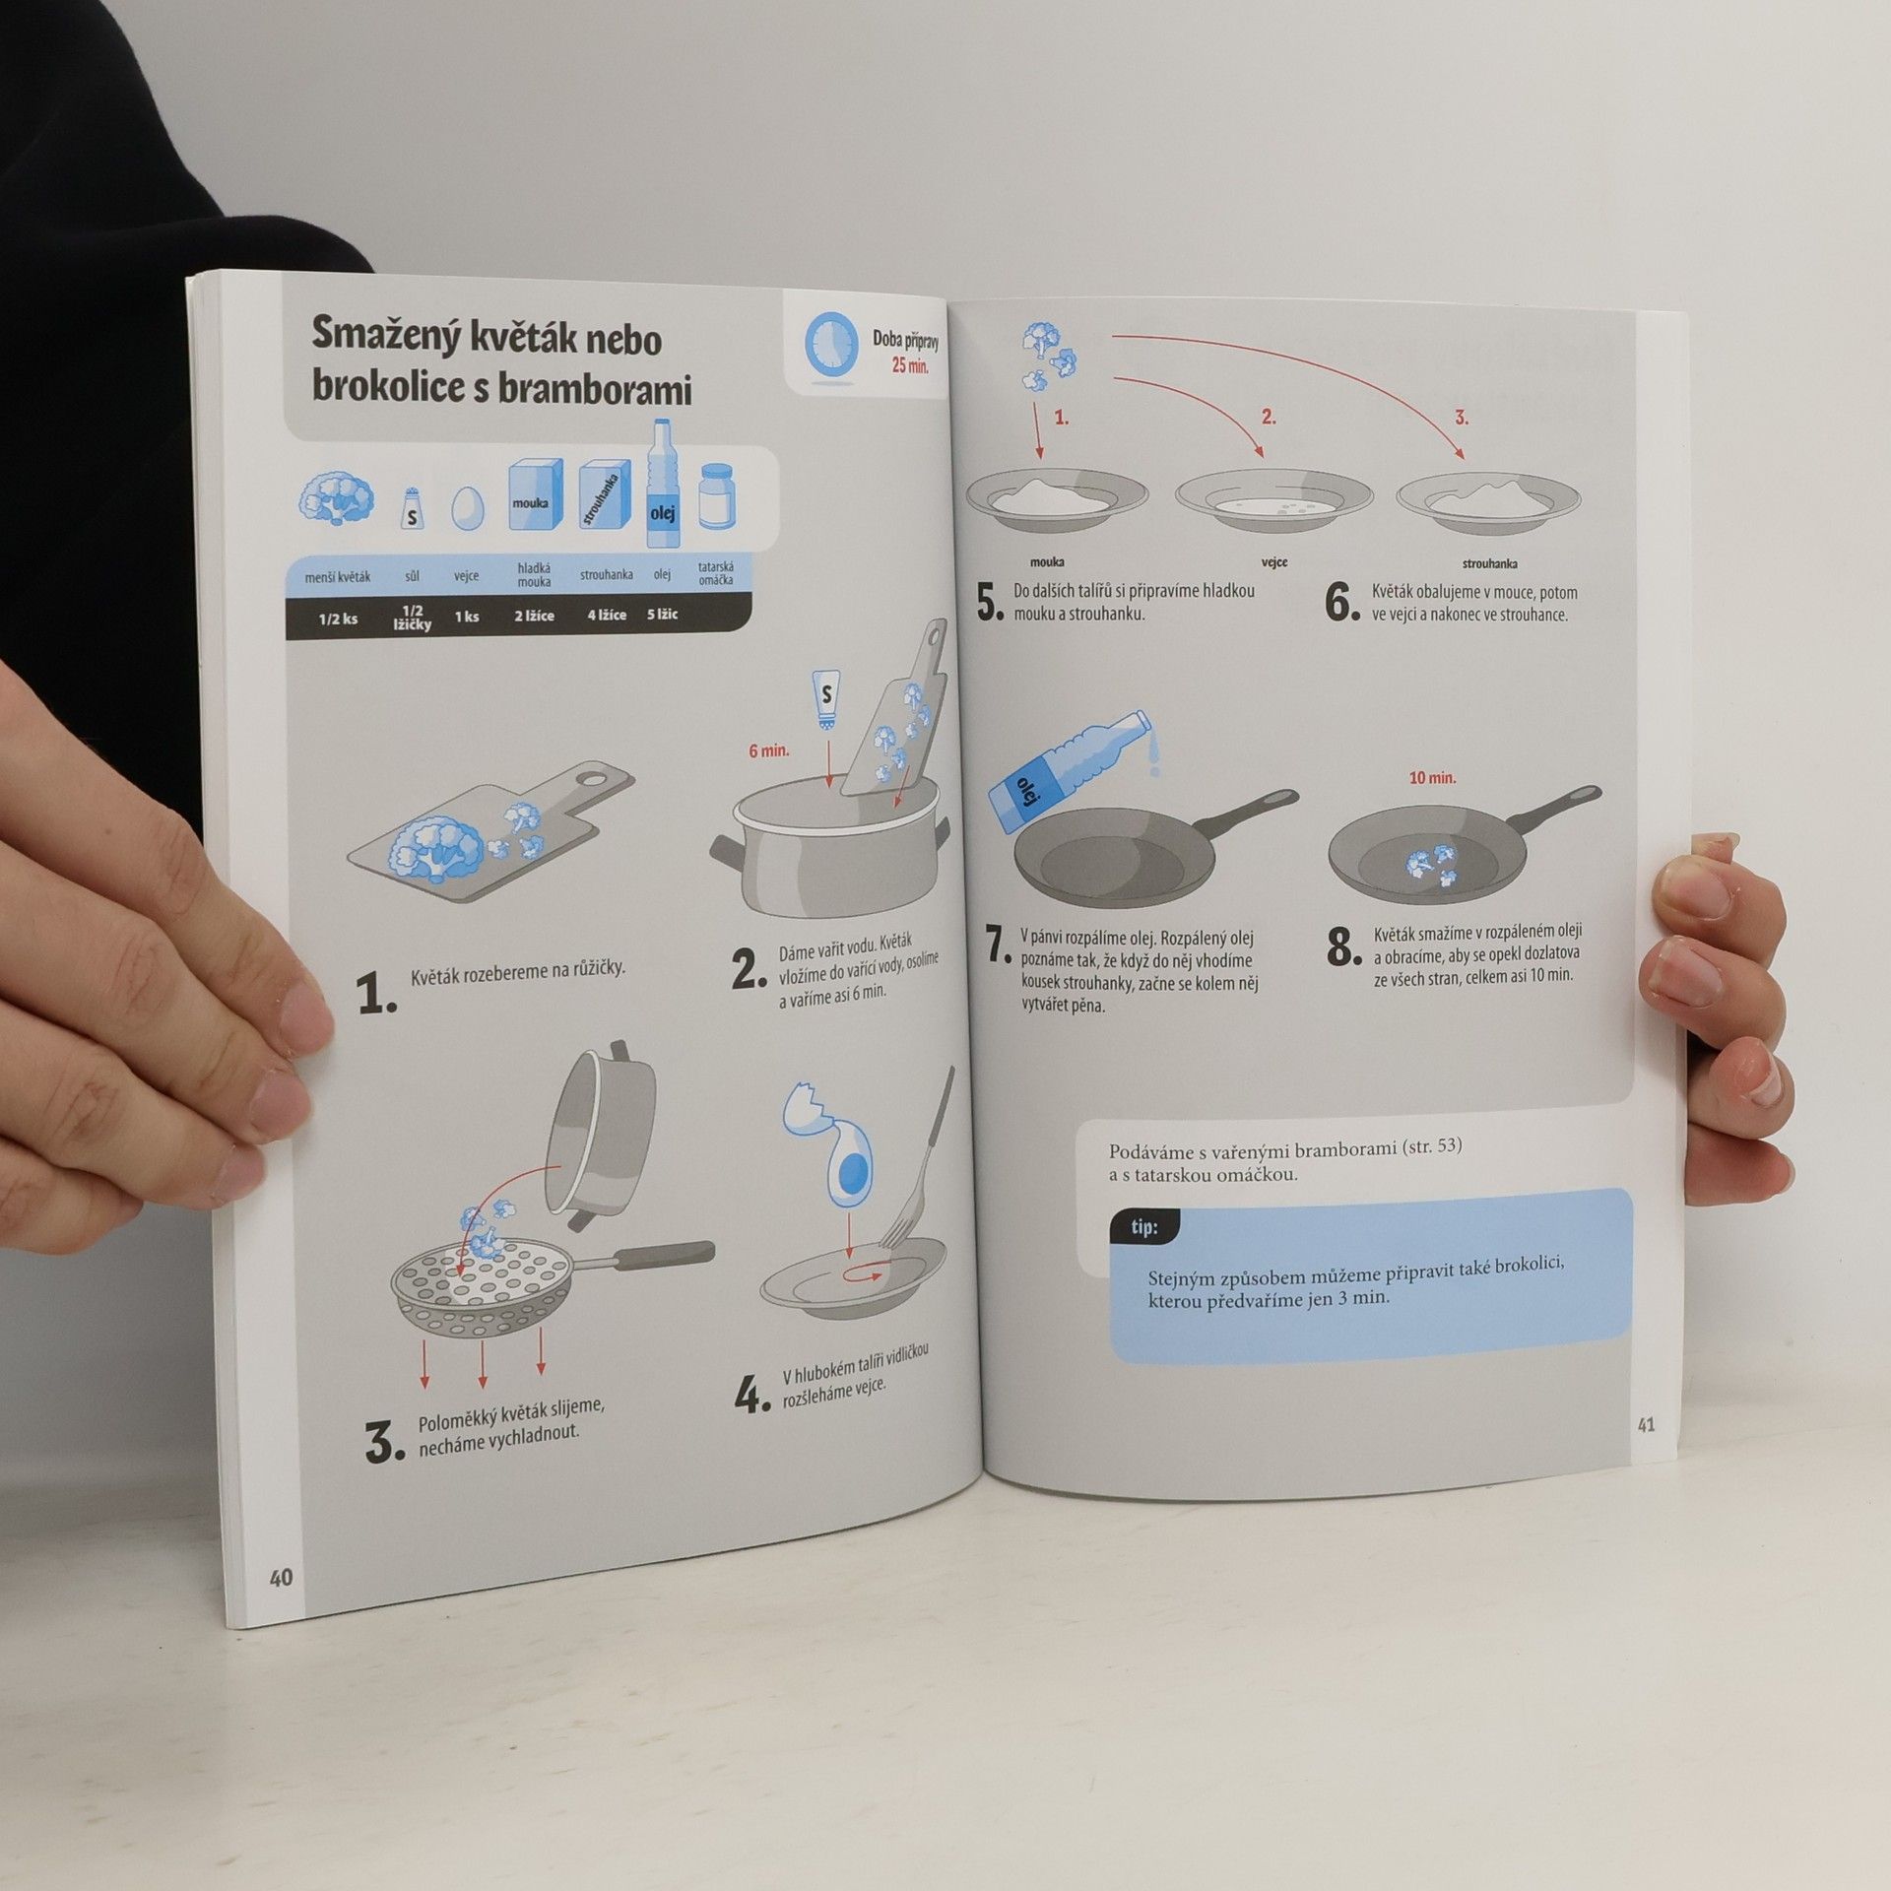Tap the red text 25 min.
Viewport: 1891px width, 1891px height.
click(x=909, y=365)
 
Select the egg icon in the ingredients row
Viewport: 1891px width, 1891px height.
click(x=468, y=508)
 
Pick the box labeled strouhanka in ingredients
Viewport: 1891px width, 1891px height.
click(x=604, y=498)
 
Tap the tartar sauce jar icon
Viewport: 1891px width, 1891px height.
click(x=718, y=496)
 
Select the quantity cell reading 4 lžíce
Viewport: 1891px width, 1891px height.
click(x=607, y=615)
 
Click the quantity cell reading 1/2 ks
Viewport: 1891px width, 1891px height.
click(x=338, y=619)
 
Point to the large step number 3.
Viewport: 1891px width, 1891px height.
click(x=383, y=1443)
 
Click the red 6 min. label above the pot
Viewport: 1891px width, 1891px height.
click(x=769, y=750)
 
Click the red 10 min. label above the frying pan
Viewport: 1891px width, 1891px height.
click(x=1432, y=778)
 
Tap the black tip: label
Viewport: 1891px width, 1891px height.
click(x=1143, y=1227)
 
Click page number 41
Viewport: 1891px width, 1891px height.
click(x=1646, y=1424)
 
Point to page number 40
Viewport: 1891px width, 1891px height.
click(x=281, y=1577)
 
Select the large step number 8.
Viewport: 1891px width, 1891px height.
click(x=1343, y=947)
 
